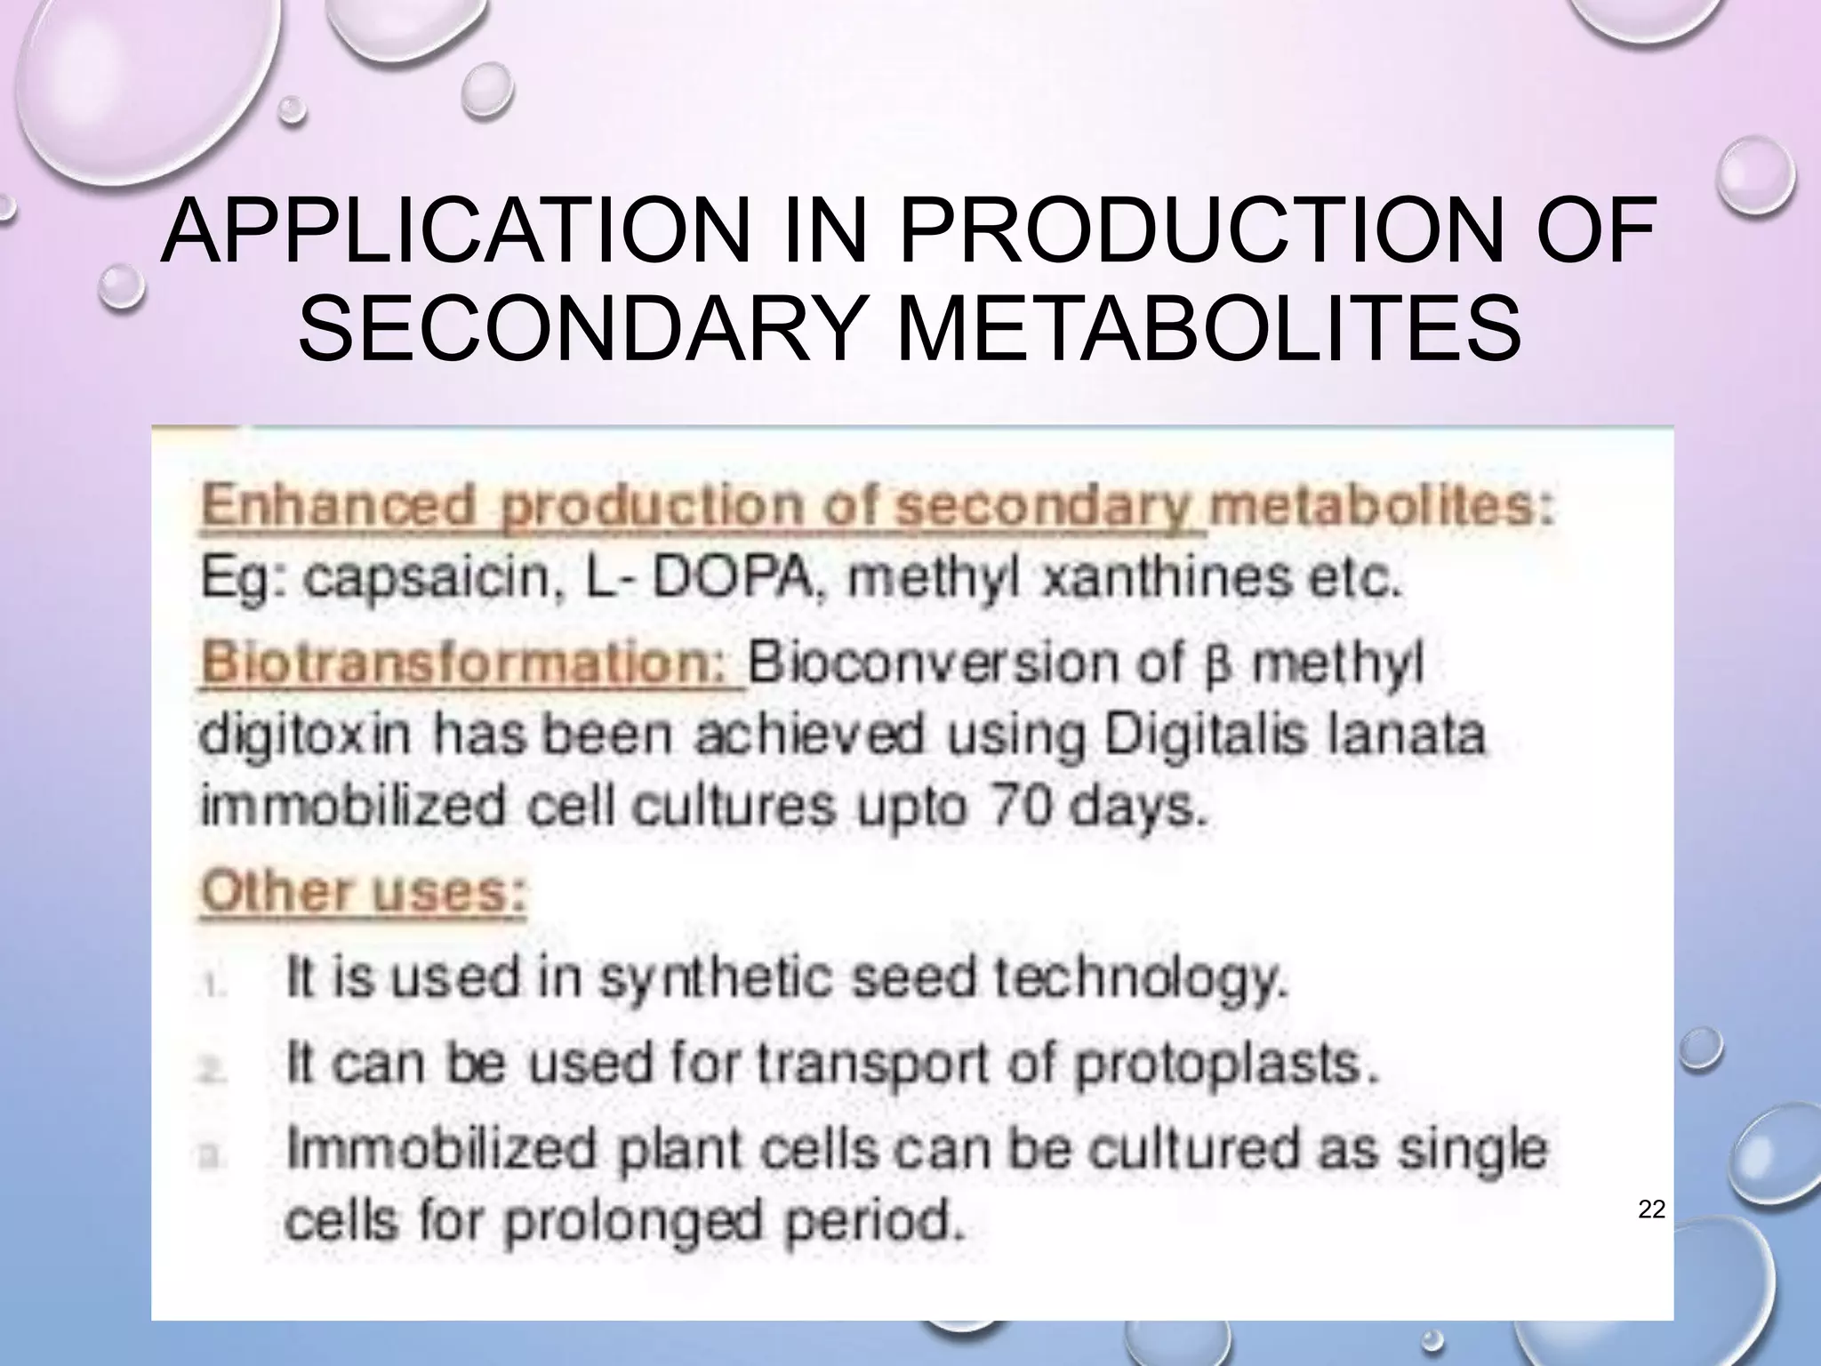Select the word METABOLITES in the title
1210,330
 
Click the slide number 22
1651,1209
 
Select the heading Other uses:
364,892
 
